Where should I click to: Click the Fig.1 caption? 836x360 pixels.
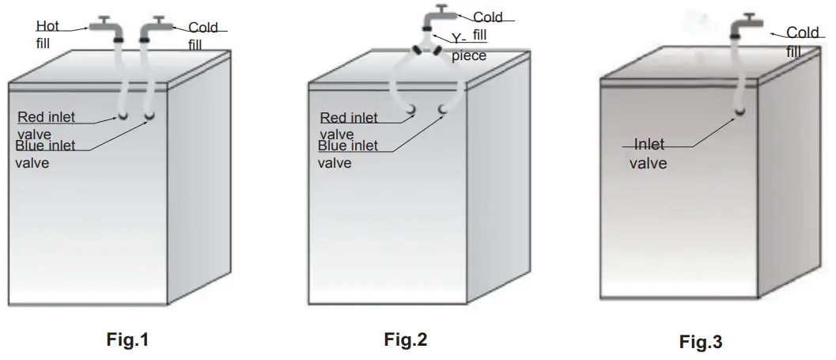(x=127, y=341)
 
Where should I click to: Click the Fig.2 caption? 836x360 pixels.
(x=405, y=341)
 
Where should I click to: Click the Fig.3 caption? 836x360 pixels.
(x=701, y=343)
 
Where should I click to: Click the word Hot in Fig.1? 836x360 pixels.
(x=48, y=27)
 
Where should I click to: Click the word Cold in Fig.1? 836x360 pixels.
(x=203, y=28)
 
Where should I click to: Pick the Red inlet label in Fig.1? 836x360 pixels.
(x=46, y=117)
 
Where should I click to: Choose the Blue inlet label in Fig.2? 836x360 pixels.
(x=349, y=146)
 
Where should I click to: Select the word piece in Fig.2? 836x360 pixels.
(x=469, y=57)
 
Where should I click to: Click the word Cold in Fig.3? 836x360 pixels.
(x=803, y=33)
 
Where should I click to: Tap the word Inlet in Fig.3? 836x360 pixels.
(x=649, y=145)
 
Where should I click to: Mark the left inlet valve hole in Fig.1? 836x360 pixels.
(x=123, y=116)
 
